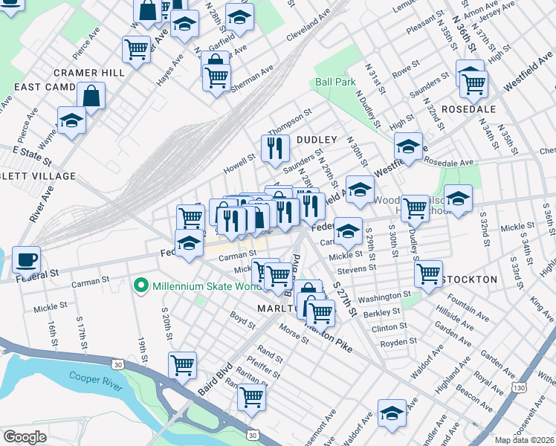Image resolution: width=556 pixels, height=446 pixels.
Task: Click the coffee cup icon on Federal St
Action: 27,260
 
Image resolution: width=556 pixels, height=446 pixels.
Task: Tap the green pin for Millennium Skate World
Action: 139,285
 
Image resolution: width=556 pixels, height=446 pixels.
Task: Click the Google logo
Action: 25,437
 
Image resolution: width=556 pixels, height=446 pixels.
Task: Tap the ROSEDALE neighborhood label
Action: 468,109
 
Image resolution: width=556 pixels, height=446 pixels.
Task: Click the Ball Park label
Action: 334,82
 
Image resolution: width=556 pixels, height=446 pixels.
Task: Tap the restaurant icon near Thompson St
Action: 275,148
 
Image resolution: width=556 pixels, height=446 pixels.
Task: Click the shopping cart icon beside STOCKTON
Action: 428,273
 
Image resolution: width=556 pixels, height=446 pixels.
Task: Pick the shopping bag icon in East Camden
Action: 91,96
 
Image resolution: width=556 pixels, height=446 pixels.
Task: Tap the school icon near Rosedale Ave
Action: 408,147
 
